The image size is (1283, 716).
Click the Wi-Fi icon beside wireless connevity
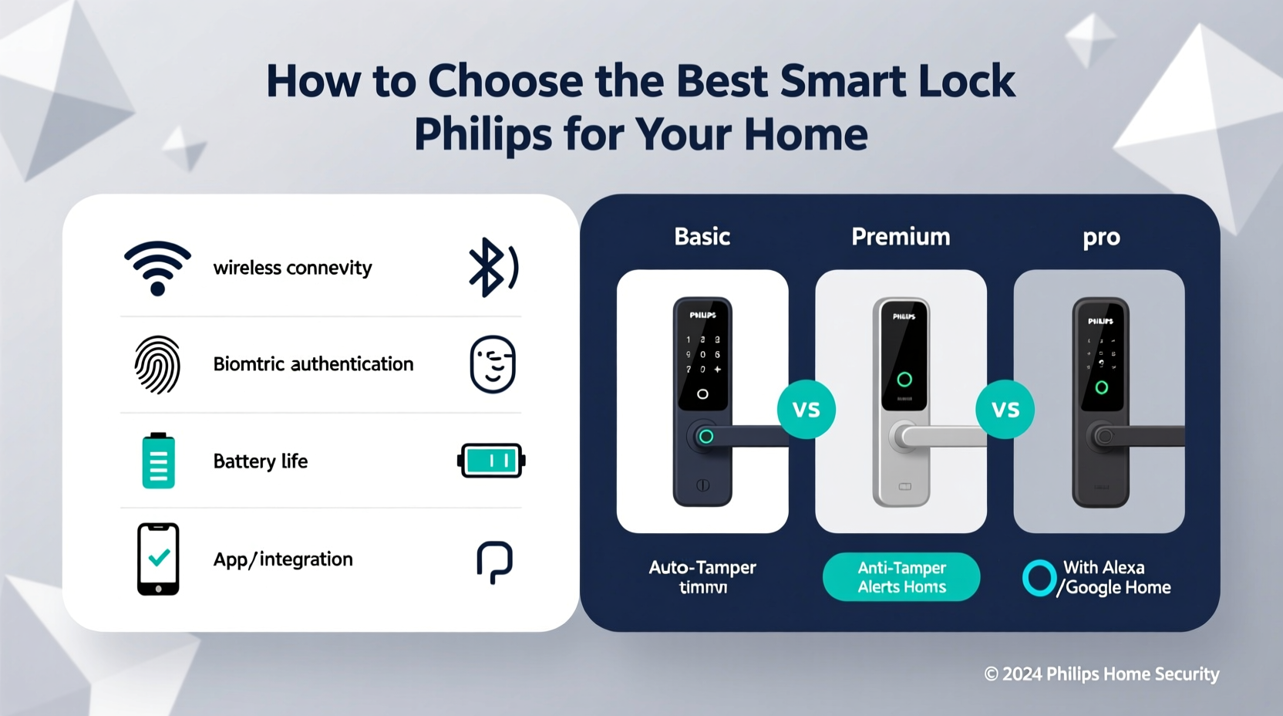point(157,268)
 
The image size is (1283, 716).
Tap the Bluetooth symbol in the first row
point(492,267)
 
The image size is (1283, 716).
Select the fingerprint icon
point(157,364)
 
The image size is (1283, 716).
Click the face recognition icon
point(493,364)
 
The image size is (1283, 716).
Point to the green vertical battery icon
point(158,461)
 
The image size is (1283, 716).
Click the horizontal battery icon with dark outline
point(491,461)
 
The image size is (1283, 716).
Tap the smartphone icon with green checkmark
point(158,559)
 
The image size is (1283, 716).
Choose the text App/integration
point(283,559)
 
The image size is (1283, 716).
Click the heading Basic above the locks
point(702,236)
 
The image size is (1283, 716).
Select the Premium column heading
point(901,236)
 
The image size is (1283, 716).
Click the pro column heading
point(1101,238)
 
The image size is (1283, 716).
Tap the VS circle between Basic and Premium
point(806,410)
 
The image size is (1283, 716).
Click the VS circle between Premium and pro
point(1005,410)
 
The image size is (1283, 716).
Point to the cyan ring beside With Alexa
point(1039,578)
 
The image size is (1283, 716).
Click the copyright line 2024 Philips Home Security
point(1101,674)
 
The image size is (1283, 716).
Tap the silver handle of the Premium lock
point(937,437)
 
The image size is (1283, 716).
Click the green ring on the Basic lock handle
point(705,437)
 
